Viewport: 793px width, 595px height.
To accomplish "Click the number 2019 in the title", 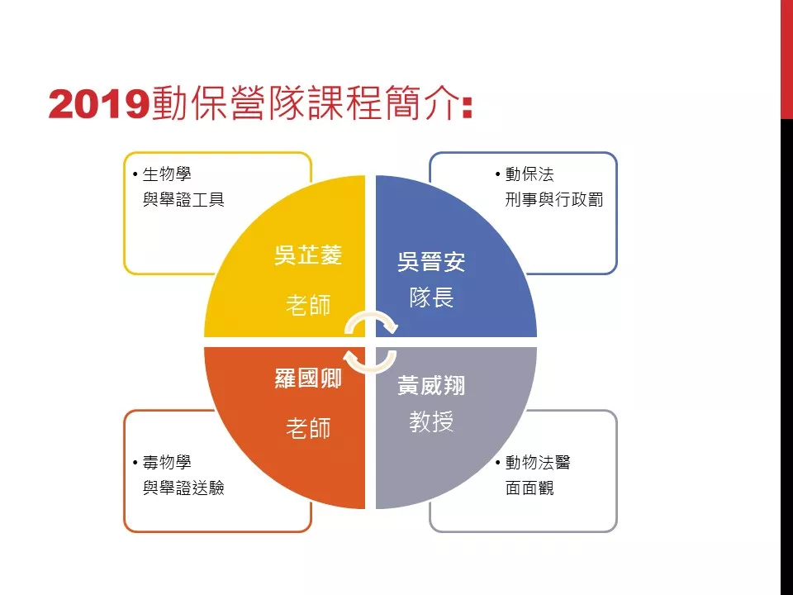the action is pyautogui.click(x=99, y=104).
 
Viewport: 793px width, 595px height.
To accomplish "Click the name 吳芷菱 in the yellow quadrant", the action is pyautogui.click(x=308, y=255).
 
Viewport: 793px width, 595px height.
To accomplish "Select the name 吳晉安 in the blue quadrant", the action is pyautogui.click(x=431, y=262).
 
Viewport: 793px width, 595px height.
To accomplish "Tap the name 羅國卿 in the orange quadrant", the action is pyautogui.click(x=308, y=378).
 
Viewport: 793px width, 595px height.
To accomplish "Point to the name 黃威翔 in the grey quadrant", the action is pyautogui.click(x=431, y=385).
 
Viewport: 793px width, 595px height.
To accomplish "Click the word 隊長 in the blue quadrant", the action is pyautogui.click(x=431, y=297).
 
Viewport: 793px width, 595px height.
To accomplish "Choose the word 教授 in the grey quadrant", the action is pyautogui.click(x=431, y=421).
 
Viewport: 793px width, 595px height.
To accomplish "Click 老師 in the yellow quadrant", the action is pyautogui.click(x=308, y=305).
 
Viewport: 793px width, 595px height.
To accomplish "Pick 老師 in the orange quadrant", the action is pyautogui.click(x=308, y=428).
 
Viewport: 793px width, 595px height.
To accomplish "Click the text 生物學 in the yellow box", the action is pyautogui.click(x=167, y=174).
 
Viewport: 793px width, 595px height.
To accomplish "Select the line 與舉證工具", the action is pyautogui.click(x=183, y=199).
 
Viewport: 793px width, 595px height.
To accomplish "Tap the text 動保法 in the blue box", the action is pyautogui.click(x=529, y=174).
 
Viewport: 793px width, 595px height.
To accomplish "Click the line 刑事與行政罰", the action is pyautogui.click(x=554, y=199).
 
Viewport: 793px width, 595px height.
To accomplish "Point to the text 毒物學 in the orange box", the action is pyautogui.click(x=167, y=462).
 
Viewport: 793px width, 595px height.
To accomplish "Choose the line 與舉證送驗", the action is pyautogui.click(x=183, y=488).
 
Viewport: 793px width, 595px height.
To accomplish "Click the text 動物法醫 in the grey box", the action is pyautogui.click(x=538, y=462).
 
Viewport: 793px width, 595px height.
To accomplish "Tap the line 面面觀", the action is pyautogui.click(x=529, y=488).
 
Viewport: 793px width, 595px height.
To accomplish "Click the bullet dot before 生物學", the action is pyautogui.click(x=135, y=174).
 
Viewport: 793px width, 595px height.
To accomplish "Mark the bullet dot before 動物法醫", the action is pyautogui.click(x=497, y=463).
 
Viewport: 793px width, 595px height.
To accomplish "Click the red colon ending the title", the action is pyautogui.click(x=467, y=107).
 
